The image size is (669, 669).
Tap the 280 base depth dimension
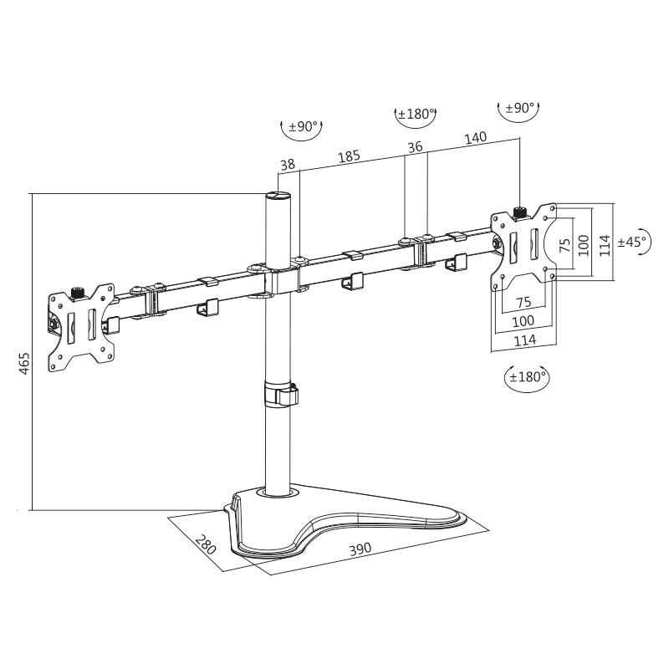click(205, 544)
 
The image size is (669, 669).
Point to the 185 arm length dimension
click(349, 156)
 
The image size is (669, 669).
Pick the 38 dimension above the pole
click(288, 166)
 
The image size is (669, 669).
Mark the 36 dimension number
click(415, 147)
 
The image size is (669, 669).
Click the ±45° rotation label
click(633, 242)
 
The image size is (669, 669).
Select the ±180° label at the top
click(414, 114)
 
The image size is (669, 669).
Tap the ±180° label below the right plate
click(527, 376)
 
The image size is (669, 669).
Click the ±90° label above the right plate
click(519, 108)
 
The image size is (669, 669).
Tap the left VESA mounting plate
click(80, 328)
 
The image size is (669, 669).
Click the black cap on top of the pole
click(277, 196)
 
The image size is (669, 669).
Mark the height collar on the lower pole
click(281, 394)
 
